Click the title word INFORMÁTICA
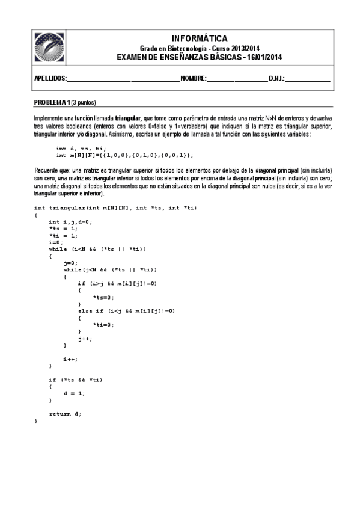[199, 38]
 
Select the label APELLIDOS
[49, 79]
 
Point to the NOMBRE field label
[194, 79]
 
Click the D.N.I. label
[277, 79]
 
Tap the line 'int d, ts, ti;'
[81, 148]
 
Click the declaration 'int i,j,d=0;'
[70, 221]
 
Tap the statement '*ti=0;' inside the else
[103, 325]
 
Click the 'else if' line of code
[126, 311]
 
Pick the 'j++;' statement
[85, 339]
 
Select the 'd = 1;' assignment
[74, 393]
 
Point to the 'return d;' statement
[65, 414]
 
